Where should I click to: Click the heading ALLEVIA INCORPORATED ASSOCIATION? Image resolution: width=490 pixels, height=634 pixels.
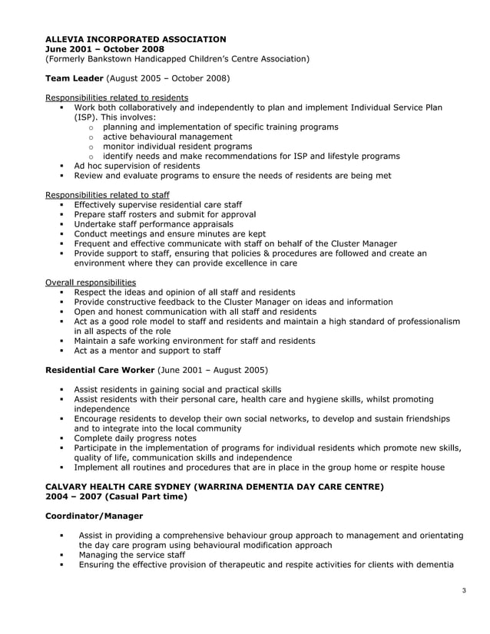[x=135, y=38]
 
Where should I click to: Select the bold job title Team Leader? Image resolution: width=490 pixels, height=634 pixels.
[x=74, y=78]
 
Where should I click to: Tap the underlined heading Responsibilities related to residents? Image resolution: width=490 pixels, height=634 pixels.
[x=117, y=97]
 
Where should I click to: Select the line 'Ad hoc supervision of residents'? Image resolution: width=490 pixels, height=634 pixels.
[x=137, y=166]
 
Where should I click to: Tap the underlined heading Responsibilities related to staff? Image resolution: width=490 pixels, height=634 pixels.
[x=108, y=195]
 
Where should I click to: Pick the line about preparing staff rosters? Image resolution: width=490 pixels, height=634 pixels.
[x=164, y=214]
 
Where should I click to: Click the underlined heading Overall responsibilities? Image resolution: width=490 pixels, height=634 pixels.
[x=91, y=282]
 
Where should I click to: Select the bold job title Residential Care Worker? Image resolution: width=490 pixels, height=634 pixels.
[x=100, y=370]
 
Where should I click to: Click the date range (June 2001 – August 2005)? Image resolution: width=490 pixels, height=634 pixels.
[x=213, y=370]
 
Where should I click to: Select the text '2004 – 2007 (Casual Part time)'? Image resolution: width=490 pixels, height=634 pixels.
[x=116, y=497]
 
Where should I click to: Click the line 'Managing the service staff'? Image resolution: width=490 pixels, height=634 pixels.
[x=131, y=555]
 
